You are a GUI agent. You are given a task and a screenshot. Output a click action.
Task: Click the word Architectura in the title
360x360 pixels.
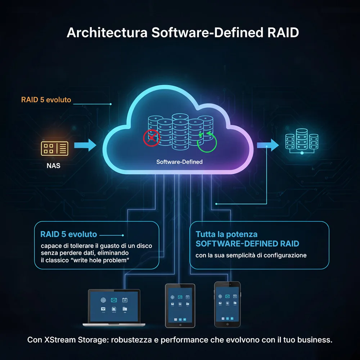pos(107,32)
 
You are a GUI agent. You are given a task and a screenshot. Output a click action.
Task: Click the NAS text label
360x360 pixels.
pos(53,167)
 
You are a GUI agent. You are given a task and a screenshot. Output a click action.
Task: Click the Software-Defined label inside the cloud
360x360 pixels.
pos(179,162)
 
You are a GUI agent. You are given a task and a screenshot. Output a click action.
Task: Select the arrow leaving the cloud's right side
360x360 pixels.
pos(268,145)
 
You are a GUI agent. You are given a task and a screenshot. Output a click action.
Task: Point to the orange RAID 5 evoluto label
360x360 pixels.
pos(46,99)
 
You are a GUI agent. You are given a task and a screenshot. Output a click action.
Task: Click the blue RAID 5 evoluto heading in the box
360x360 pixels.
pos(69,234)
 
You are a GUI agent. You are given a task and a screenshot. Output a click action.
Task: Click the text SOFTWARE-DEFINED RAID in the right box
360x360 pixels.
pos(247,244)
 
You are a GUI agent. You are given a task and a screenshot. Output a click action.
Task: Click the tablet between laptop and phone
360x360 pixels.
pos(180,305)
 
